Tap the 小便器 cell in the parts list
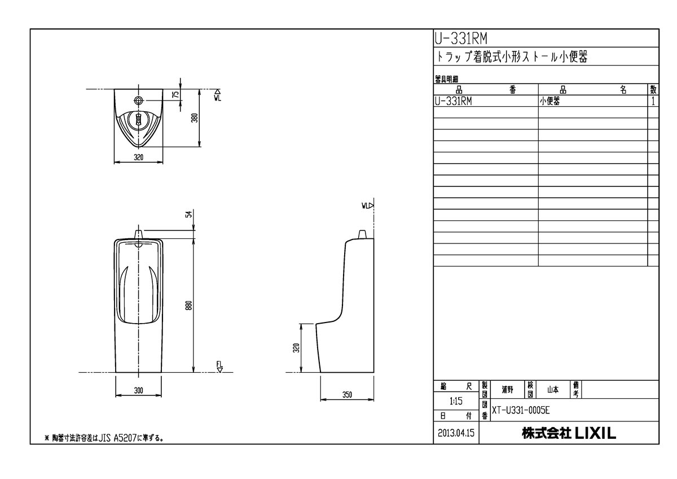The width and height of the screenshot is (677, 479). (552, 101)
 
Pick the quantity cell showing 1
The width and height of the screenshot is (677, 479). (653, 101)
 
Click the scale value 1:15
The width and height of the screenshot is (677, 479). (455, 402)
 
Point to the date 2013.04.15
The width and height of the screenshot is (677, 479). (456, 434)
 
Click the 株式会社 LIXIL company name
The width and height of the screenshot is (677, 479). (569, 434)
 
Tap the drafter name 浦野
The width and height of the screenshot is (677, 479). (507, 389)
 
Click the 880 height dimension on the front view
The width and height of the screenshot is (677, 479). (190, 305)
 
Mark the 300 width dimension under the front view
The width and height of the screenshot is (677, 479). (139, 390)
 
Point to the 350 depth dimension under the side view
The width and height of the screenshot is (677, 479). (347, 395)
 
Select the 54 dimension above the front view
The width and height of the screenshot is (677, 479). (190, 214)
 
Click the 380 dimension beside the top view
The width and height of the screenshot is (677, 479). (194, 118)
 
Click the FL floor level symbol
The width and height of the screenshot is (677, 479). (220, 367)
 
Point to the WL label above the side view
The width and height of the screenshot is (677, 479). (367, 206)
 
